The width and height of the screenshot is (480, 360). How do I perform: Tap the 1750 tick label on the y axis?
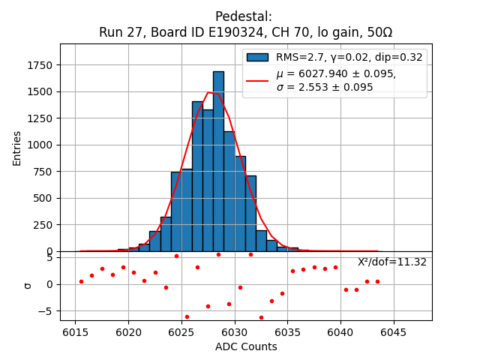point(38,65)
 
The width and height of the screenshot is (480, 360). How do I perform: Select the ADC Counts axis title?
point(246,346)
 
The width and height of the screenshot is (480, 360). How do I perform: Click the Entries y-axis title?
point(17,148)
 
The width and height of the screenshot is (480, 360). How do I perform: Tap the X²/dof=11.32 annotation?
point(391,262)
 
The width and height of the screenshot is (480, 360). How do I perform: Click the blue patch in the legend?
point(257,57)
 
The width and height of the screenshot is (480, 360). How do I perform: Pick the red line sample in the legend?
point(257,80)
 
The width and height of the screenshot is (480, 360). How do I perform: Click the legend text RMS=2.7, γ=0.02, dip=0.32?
point(349,57)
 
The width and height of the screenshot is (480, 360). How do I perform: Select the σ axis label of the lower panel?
point(27,285)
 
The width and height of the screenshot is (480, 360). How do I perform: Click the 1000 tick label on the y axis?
point(38,145)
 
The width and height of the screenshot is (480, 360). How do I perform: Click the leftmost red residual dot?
point(81,281)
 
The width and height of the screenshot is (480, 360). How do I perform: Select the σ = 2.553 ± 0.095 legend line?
point(325,87)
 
